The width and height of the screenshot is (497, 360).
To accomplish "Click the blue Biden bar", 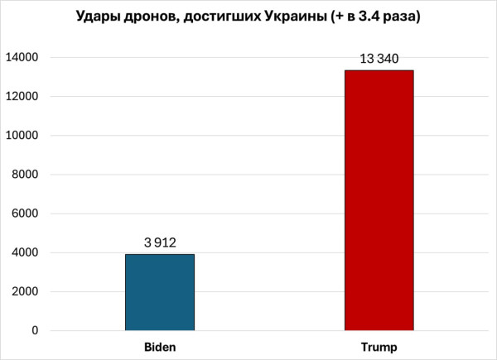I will click(160, 292).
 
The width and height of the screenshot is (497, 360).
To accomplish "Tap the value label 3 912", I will click(160, 242).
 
